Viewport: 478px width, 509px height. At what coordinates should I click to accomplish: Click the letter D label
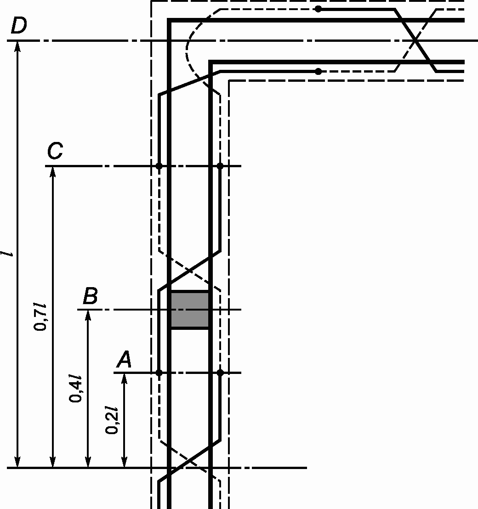pyautogui.click(x=18, y=27)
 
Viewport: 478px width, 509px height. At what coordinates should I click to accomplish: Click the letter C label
pyautogui.click(x=55, y=152)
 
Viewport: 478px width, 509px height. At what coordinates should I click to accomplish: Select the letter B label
pyautogui.click(x=90, y=296)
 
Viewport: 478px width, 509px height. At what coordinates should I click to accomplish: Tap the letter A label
pyautogui.click(x=124, y=360)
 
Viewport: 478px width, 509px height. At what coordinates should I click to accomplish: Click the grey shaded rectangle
pyautogui.click(x=190, y=310)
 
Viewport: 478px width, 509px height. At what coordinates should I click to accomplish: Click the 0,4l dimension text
pyautogui.click(x=76, y=389)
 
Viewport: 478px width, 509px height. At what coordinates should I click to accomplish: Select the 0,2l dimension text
pyautogui.click(x=112, y=420)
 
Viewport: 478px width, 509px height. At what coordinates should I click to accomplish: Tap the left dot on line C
pyautogui.click(x=159, y=166)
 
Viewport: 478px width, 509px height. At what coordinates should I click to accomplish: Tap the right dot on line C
pyautogui.click(x=220, y=166)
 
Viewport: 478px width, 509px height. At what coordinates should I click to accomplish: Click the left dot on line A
pyautogui.click(x=159, y=373)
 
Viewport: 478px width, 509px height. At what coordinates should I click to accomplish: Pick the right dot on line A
pyautogui.click(x=220, y=373)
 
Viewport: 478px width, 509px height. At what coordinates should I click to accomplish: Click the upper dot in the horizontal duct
pyautogui.click(x=318, y=9)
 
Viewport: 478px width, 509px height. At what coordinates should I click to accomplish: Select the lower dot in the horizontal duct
pyautogui.click(x=318, y=71)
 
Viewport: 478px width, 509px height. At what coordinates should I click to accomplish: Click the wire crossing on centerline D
pyautogui.click(x=415, y=40)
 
